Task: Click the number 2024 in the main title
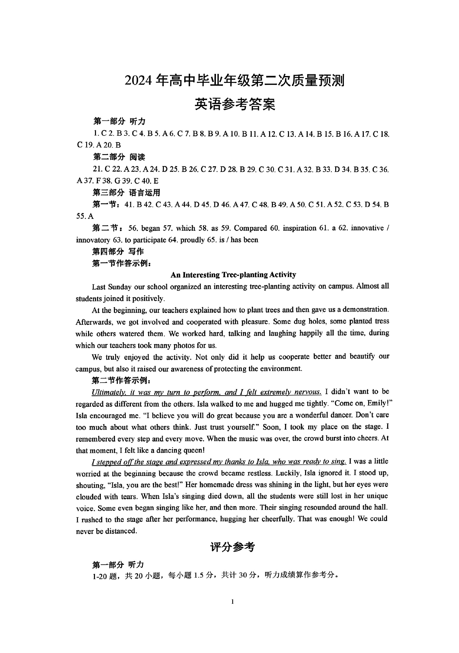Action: [139, 81]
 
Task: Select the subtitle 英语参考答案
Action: [235, 104]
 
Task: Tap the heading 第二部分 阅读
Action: [119, 157]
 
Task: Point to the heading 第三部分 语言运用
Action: [126, 193]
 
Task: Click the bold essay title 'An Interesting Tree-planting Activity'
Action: [233, 274]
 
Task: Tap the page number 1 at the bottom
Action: [233, 601]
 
